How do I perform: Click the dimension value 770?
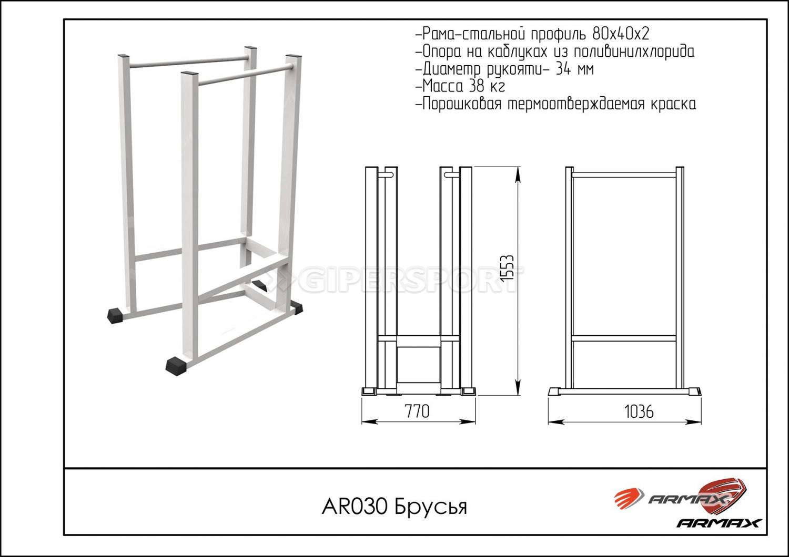tap(417, 411)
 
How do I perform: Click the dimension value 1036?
tap(639, 411)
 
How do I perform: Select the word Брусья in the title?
tap(431, 508)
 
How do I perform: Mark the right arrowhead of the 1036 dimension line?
tap(694, 422)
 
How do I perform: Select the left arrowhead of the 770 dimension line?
tap(369, 422)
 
